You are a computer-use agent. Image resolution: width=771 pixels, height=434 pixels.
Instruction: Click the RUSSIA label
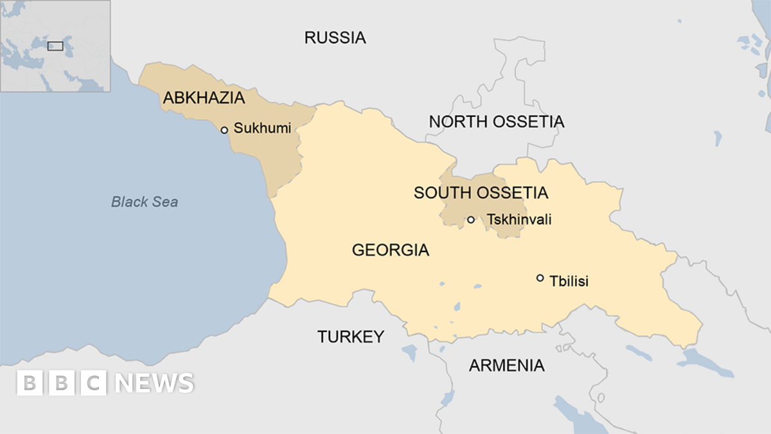click(x=335, y=37)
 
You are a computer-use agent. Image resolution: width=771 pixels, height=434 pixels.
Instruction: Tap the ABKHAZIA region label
click(x=204, y=98)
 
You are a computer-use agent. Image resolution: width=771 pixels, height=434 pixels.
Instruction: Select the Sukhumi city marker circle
click(x=224, y=130)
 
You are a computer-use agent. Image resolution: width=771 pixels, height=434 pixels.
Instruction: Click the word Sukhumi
click(x=262, y=128)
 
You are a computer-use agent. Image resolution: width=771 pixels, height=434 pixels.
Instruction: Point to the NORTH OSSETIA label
click(x=496, y=121)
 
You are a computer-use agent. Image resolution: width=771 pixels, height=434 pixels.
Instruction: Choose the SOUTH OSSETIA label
click(x=481, y=192)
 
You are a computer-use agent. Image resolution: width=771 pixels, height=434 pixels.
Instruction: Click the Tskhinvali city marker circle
click(x=471, y=220)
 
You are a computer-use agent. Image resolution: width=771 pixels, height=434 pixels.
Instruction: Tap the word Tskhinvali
click(x=519, y=220)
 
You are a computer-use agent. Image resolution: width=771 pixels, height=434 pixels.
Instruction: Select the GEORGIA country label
click(x=390, y=250)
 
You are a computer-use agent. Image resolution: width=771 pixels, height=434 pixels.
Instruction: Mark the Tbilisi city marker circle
click(x=540, y=278)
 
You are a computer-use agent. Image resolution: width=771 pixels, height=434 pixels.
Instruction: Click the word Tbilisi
click(x=569, y=281)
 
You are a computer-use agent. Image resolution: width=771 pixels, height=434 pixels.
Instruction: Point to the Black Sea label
click(x=145, y=202)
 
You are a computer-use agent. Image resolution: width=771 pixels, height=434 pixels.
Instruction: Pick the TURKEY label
click(x=351, y=336)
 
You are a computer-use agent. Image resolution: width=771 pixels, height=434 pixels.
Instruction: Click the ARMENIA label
click(x=506, y=366)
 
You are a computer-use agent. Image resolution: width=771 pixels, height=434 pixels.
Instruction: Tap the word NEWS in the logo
click(x=155, y=383)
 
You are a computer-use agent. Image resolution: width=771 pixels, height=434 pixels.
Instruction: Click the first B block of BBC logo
click(x=29, y=383)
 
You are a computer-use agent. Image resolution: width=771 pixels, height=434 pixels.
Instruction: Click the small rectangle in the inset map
click(x=55, y=46)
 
